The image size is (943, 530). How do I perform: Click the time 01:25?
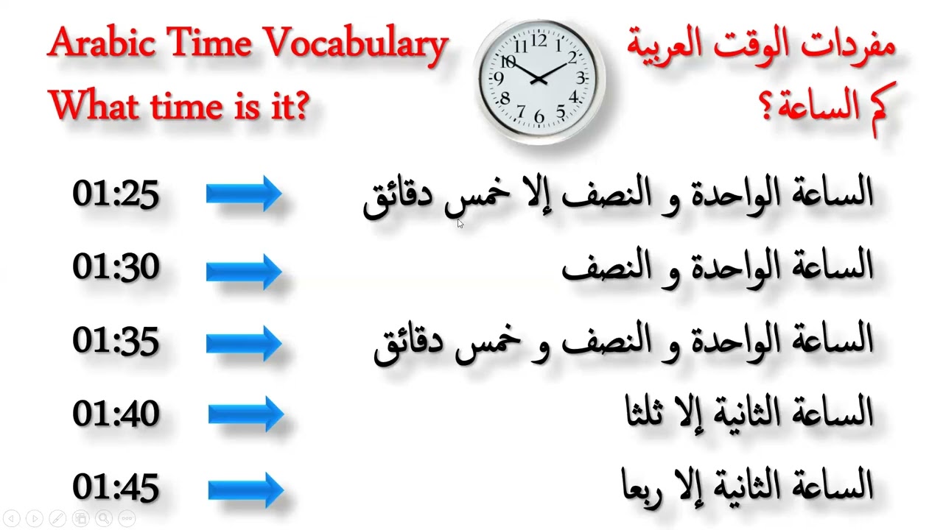pos(116,194)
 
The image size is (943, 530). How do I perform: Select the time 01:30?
pos(116,266)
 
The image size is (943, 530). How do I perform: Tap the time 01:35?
pos(116,341)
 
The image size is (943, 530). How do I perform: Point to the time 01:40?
pos(116,414)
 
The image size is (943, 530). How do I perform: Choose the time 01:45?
pos(116,487)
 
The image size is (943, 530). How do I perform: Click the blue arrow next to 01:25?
pos(244,194)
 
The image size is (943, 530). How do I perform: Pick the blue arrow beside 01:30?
pos(244,270)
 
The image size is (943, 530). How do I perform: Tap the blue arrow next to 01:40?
pos(246,415)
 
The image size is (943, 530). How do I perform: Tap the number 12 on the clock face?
pos(540,40)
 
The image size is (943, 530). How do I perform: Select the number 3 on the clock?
pos(581,78)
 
